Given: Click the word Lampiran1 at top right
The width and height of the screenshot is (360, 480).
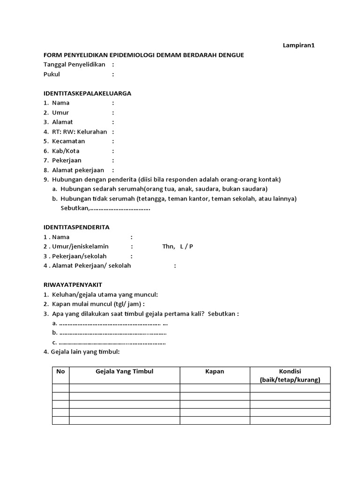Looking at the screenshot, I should [x=298, y=45].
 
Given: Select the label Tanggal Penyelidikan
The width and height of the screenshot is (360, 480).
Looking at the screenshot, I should [x=74, y=65].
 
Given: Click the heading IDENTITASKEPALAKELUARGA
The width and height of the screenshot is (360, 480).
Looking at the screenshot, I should [x=87, y=93].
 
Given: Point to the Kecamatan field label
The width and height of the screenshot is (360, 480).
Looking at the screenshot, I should [x=68, y=141].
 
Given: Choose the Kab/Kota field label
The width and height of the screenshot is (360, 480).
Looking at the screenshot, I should [x=66, y=151].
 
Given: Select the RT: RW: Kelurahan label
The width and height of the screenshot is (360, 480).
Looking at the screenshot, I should [x=80, y=132].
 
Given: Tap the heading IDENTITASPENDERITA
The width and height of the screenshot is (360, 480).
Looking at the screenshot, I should [x=76, y=227].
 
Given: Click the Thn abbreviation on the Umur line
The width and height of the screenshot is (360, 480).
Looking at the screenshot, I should [x=168, y=247].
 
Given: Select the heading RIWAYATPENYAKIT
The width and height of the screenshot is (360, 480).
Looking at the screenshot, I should [x=73, y=285].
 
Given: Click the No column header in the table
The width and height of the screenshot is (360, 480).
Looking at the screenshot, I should [x=60, y=371].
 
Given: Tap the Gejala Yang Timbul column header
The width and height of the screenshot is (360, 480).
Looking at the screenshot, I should [x=124, y=371].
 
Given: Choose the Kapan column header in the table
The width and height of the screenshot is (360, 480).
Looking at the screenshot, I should [x=215, y=371].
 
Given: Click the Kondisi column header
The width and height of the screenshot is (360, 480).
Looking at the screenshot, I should [x=290, y=371].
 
